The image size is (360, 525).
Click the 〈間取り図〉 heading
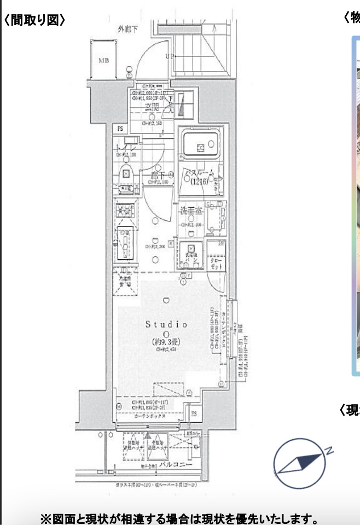[34, 20]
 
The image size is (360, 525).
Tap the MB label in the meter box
[103, 60]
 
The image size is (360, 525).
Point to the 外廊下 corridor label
[127, 28]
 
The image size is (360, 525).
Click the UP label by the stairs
[170, 56]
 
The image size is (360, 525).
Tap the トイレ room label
[126, 148]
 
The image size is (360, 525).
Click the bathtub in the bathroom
[201, 145]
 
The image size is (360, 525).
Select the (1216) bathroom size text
[199, 182]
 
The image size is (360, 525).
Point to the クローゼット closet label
[216, 264]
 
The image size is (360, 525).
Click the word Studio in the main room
[166, 324]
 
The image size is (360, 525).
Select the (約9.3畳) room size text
[167, 343]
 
